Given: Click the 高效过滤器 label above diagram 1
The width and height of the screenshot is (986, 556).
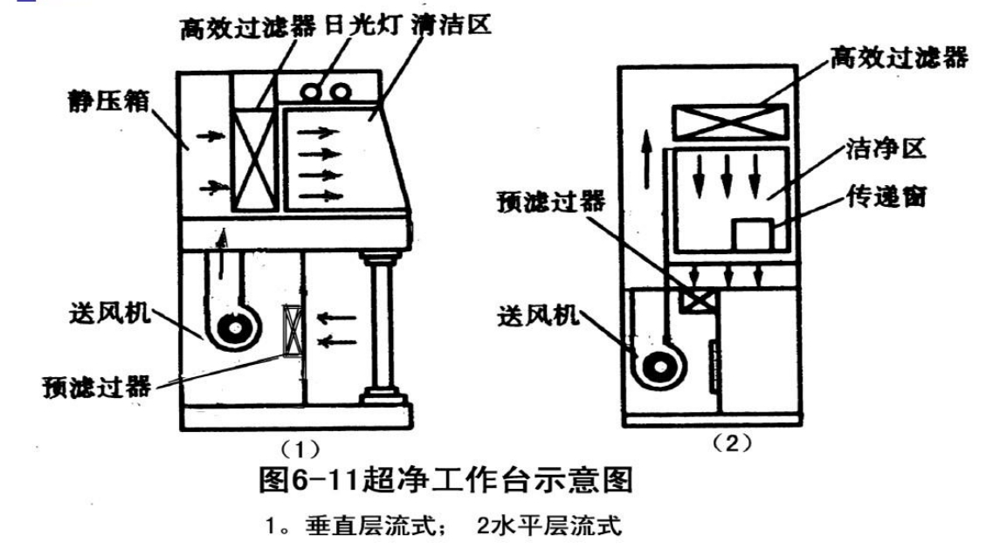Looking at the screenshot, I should (x=247, y=28).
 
